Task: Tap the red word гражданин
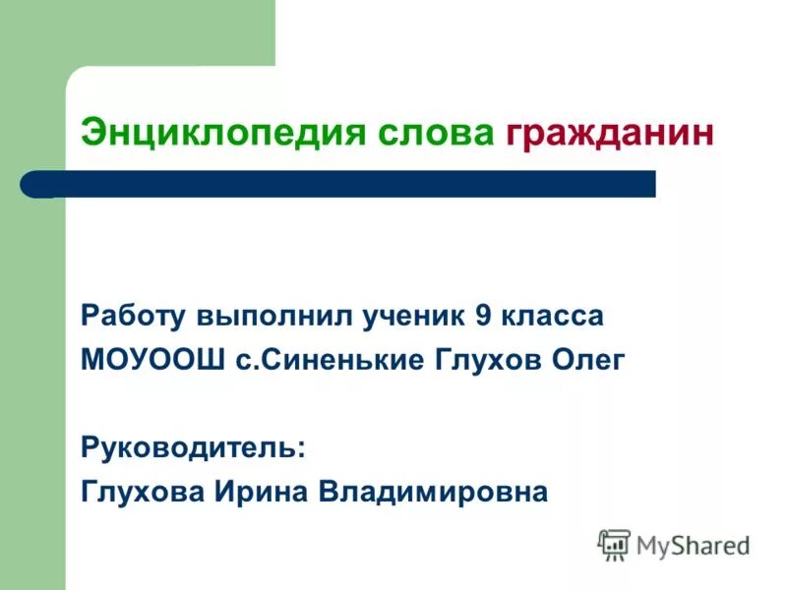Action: pos(609,133)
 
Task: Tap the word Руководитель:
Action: pos(193,447)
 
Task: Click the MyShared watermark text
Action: pos(693,545)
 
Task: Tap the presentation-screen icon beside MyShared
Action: pos(614,545)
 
